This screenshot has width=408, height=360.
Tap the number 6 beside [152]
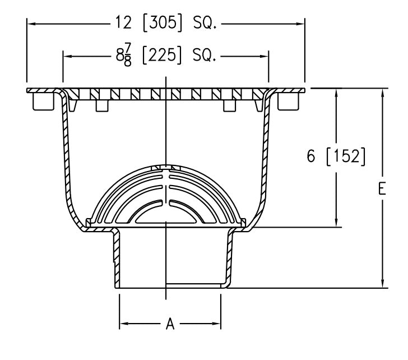311,156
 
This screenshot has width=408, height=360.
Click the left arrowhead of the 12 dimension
30,24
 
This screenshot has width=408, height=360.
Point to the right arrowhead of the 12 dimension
301,24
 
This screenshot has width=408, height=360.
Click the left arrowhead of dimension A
123,324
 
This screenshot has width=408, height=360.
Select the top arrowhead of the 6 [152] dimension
336,93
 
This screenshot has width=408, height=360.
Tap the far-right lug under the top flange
289,101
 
